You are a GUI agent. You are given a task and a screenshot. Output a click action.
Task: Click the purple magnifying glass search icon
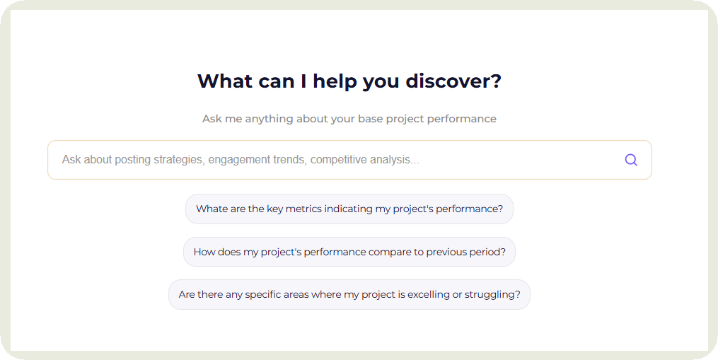coord(631,160)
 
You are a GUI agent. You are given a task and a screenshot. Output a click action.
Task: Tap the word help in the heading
coord(335,81)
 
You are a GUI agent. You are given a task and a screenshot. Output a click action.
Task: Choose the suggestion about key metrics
coord(349,209)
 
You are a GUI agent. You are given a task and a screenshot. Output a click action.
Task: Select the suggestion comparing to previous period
coord(349,252)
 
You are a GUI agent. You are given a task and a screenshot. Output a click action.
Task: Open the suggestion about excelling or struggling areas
coord(349,294)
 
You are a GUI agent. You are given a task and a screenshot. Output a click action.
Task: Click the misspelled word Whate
coord(211,209)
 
